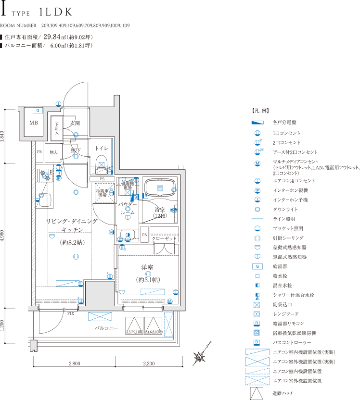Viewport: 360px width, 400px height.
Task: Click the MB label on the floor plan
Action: click(x=34, y=123)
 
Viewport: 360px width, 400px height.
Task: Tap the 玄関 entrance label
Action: click(x=75, y=123)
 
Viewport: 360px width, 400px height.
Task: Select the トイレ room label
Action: click(x=102, y=148)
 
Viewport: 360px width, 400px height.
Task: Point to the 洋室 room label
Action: click(x=147, y=268)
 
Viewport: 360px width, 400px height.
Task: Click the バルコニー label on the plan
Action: click(x=106, y=328)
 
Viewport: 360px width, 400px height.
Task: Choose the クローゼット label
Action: click(x=165, y=238)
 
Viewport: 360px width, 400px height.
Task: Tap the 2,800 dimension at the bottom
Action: click(x=74, y=363)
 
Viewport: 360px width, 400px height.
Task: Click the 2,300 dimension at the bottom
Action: click(x=149, y=363)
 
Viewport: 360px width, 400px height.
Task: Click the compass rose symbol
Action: click(x=200, y=357)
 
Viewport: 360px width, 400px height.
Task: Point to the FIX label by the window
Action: click(x=70, y=313)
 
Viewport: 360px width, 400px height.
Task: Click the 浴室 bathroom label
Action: click(x=160, y=210)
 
